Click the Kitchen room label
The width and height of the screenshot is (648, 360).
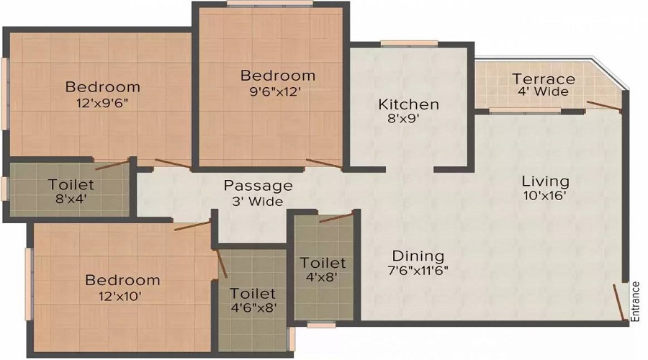coord(409,104)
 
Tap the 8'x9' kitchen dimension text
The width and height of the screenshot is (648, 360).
coord(403,119)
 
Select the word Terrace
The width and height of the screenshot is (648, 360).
coord(544,78)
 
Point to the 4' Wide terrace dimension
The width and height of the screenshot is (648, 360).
coord(543,91)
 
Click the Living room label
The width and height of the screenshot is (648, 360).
coord(546,181)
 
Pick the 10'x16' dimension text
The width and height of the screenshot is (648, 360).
coord(545,196)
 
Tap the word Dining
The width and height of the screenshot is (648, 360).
coord(418,256)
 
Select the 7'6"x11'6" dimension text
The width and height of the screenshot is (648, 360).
coord(418,271)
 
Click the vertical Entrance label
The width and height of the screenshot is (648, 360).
coord(636,301)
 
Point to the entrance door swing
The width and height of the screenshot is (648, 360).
coord(618,302)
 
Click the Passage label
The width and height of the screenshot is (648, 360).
coord(258,186)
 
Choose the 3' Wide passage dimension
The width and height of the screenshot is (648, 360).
coord(258,202)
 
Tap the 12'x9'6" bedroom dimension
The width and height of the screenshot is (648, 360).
coord(102,103)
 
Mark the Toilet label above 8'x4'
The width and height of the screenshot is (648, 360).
coord(71,184)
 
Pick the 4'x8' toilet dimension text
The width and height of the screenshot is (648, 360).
coord(323,276)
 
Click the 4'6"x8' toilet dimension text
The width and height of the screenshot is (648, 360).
coord(253,307)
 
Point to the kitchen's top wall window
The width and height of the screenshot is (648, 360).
coord(409,43)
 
